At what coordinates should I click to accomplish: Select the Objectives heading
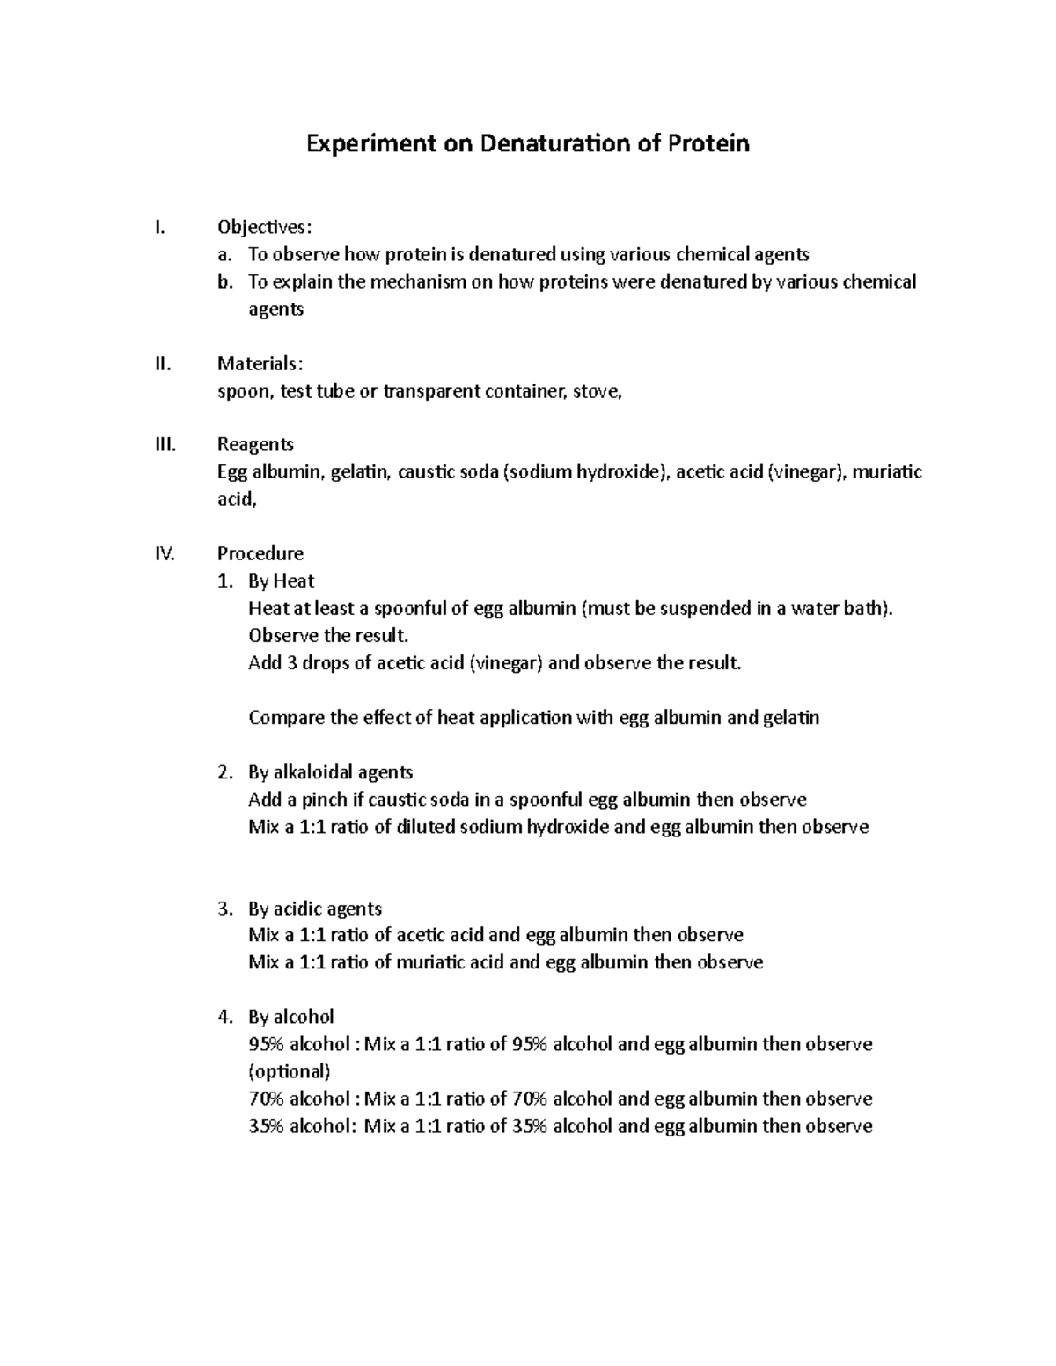tap(264, 228)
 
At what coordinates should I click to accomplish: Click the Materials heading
tap(261, 364)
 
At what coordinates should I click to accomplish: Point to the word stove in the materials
tap(597, 391)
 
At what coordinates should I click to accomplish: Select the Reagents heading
tap(255, 445)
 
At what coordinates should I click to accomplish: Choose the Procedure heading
tap(260, 554)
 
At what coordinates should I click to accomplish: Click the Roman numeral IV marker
tap(165, 554)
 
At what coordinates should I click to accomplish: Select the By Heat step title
tap(281, 581)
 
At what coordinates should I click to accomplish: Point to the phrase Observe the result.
tap(328, 636)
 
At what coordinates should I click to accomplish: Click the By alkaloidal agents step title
tap(330, 772)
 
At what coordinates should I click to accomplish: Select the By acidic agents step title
tap(315, 909)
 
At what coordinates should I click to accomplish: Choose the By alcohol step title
tap(290, 1017)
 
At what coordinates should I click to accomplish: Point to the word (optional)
tap(290, 1071)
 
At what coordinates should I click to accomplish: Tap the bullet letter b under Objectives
tap(226, 282)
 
